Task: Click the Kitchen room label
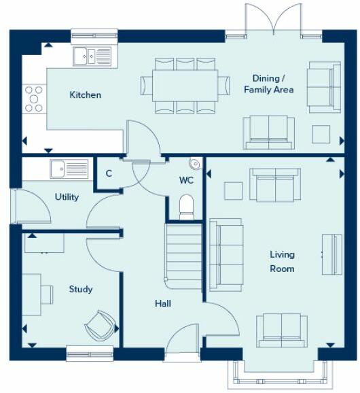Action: click(86, 95)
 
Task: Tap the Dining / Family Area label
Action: click(269, 84)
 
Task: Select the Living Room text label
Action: click(282, 262)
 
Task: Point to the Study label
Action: click(81, 290)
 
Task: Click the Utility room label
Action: click(67, 197)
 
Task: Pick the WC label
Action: click(187, 181)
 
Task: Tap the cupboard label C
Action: click(109, 173)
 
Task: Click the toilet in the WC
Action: click(187, 207)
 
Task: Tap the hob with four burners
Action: click(34, 98)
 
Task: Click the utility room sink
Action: click(69, 168)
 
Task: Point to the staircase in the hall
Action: click(183, 252)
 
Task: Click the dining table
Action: click(185, 85)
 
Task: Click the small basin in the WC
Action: click(196, 163)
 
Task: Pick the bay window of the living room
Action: click(283, 374)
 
